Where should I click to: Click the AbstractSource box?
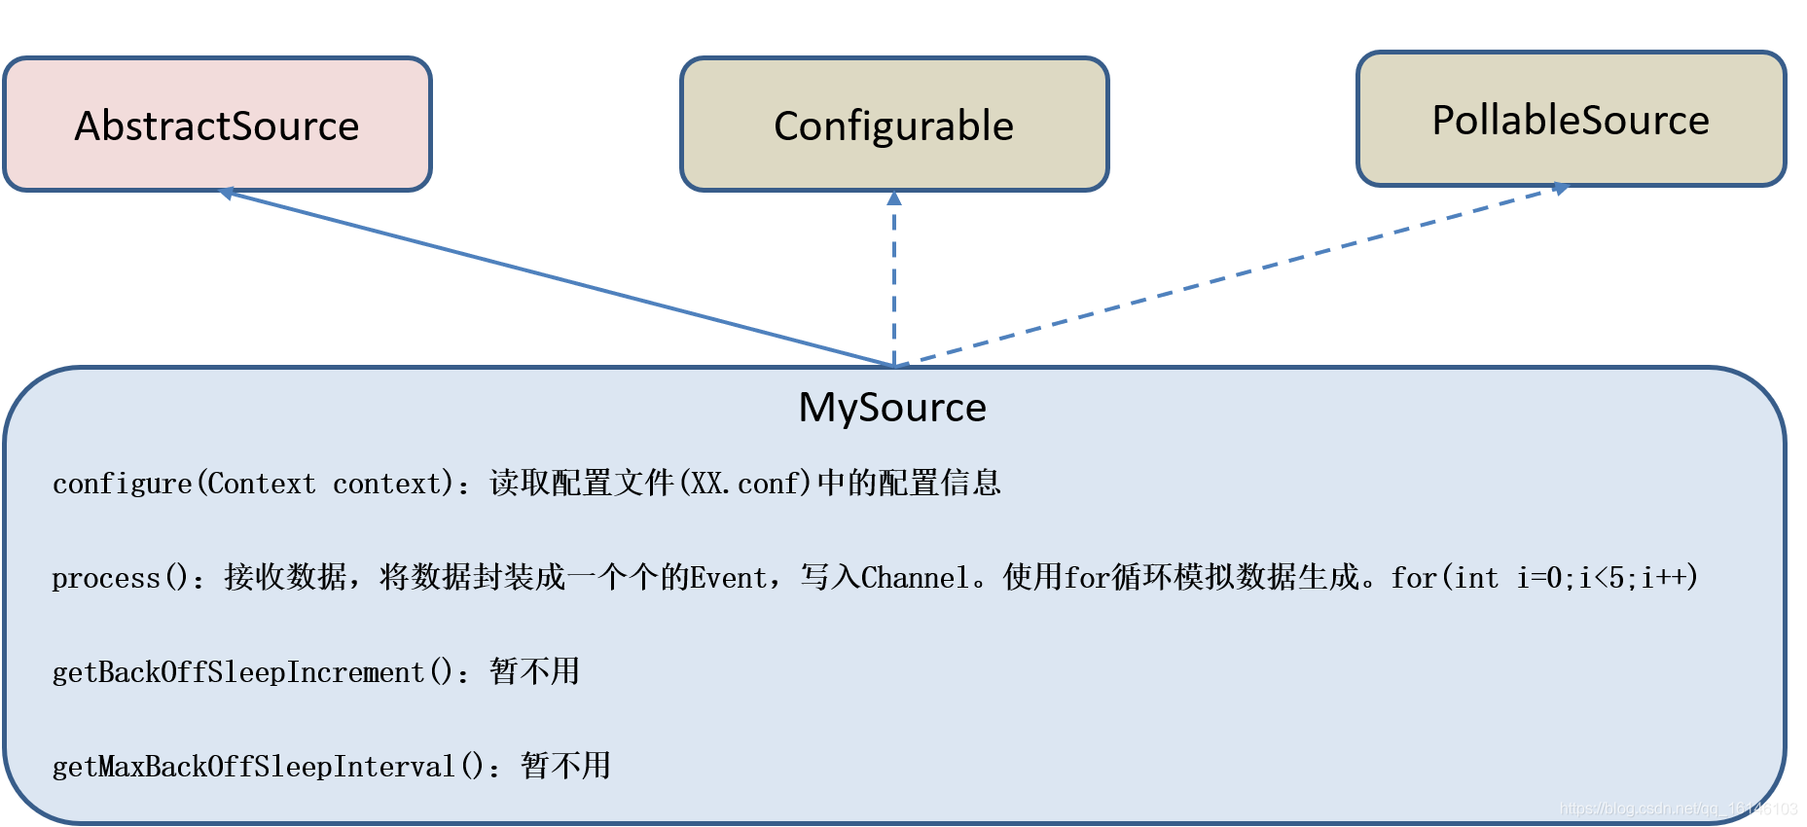pyautogui.click(x=217, y=125)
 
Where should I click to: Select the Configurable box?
pyautogui.click(x=893, y=125)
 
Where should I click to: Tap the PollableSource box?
pyautogui.click(x=1571, y=119)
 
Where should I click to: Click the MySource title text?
pyautogui.click(x=892, y=407)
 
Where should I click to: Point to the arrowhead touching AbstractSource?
pyautogui.click(x=227, y=193)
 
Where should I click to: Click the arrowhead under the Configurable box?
pyautogui.click(x=894, y=198)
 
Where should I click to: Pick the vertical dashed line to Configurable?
pyautogui.click(x=894, y=282)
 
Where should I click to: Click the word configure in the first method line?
pyautogui.click(x=122, y=484)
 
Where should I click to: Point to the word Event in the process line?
pyautogui.click(x=728, y=578)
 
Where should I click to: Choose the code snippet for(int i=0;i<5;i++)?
pyautogui.click(x=1544, y=578)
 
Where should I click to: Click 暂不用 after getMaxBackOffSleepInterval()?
pyautogui.click(x=565, y=766)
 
